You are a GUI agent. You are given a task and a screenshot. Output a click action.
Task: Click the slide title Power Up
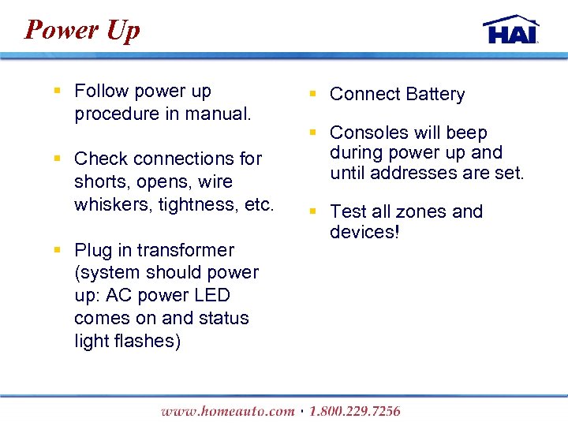(x=82, y=30)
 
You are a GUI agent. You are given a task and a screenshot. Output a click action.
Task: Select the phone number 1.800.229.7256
(x=355, y=411)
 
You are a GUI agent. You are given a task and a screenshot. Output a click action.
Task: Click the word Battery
(x=435, y=95)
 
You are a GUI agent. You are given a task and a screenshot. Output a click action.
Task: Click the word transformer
(x=185, y=250)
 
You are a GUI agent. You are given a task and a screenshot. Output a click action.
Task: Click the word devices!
(x=365, y=232)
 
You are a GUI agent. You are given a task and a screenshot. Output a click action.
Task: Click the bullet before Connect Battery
(x=313, y=94)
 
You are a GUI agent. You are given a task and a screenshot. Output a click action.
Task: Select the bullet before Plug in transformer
(x=58, y=249)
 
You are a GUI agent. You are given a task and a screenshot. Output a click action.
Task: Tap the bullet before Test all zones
(x=313, y=211)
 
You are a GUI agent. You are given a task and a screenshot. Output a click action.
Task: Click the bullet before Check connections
(x=58, y=158)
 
